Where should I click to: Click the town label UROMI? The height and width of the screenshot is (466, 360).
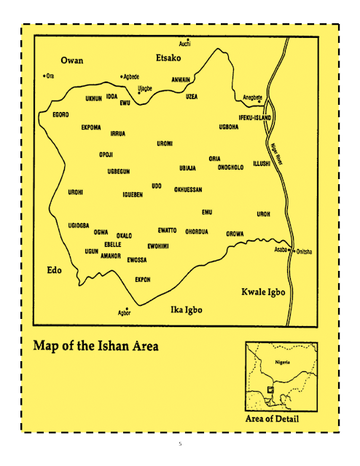pos(165,144)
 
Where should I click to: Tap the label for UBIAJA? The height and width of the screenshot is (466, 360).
pos(188,168)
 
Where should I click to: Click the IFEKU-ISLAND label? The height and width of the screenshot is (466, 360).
pos(255,118)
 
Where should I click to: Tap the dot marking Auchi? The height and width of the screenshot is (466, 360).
pos(188,39)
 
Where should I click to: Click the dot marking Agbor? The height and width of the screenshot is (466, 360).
pos(127,309)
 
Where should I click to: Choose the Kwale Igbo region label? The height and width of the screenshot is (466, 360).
pos(263,292)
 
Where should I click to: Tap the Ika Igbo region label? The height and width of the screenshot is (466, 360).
pos(181,310)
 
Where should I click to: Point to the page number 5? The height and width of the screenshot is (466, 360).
pos(180,443)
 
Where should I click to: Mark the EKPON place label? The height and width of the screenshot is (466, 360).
pos(143,280)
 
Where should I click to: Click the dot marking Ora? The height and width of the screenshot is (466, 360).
pos(44,75)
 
